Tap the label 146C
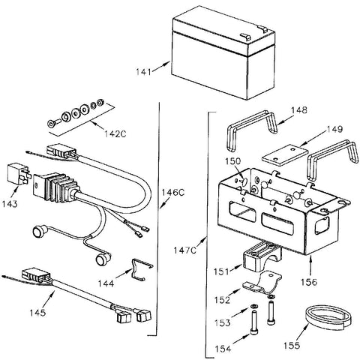(172, 193)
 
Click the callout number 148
(298, 109)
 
